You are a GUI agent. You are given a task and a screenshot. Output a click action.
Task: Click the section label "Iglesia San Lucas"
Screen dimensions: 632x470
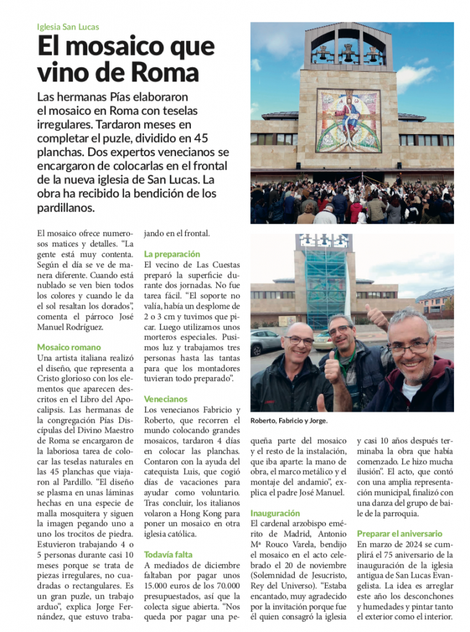pos(68,27)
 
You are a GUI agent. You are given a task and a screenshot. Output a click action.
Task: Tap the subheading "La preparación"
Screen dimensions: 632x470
pos(172,254)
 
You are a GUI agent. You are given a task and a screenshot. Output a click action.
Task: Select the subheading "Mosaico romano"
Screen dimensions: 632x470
pos(69,347)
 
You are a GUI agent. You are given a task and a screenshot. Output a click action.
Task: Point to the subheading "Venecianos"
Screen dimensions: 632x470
pos(166,399)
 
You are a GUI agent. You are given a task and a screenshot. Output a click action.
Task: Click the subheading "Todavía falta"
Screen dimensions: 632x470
pos(168,554)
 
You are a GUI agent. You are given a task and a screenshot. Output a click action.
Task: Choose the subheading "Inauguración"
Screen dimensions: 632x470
pos(275,513)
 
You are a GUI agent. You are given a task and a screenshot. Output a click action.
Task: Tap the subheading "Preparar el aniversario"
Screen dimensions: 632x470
pos(400,533)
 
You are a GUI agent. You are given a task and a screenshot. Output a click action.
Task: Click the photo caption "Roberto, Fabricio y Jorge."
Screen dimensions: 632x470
pos(288,421)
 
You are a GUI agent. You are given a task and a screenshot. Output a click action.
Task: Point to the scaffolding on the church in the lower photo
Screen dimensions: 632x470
pos(326,287)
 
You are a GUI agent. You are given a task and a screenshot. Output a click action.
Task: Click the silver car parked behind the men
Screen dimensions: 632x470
pos(265,341)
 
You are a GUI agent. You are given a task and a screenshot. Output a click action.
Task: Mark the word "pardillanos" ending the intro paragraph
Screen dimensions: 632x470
pos(66,208)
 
